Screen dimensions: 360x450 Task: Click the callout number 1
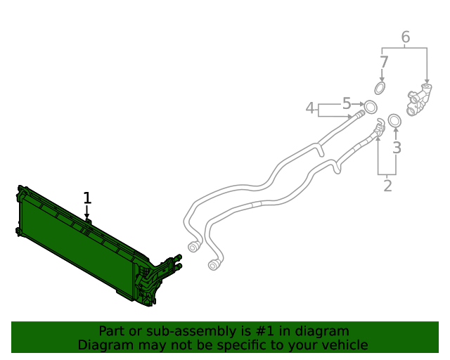point(87,198)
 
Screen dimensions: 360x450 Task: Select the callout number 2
point(387,186)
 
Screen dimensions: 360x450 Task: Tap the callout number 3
point(397,148)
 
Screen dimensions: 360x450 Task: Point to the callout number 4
point(310,108)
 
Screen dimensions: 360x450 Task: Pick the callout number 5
point(346,104)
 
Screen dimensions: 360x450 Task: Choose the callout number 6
point(405,37)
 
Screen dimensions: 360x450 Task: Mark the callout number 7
point(383,62)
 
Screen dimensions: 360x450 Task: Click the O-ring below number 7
point(380,88)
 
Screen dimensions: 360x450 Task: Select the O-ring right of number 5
point(370,107)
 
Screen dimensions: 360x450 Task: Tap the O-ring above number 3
point(394,121)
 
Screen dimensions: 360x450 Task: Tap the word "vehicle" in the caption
point(343,345)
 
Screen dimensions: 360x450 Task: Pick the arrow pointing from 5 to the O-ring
point(358,104)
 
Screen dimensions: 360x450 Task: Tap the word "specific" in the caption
point(245,345)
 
